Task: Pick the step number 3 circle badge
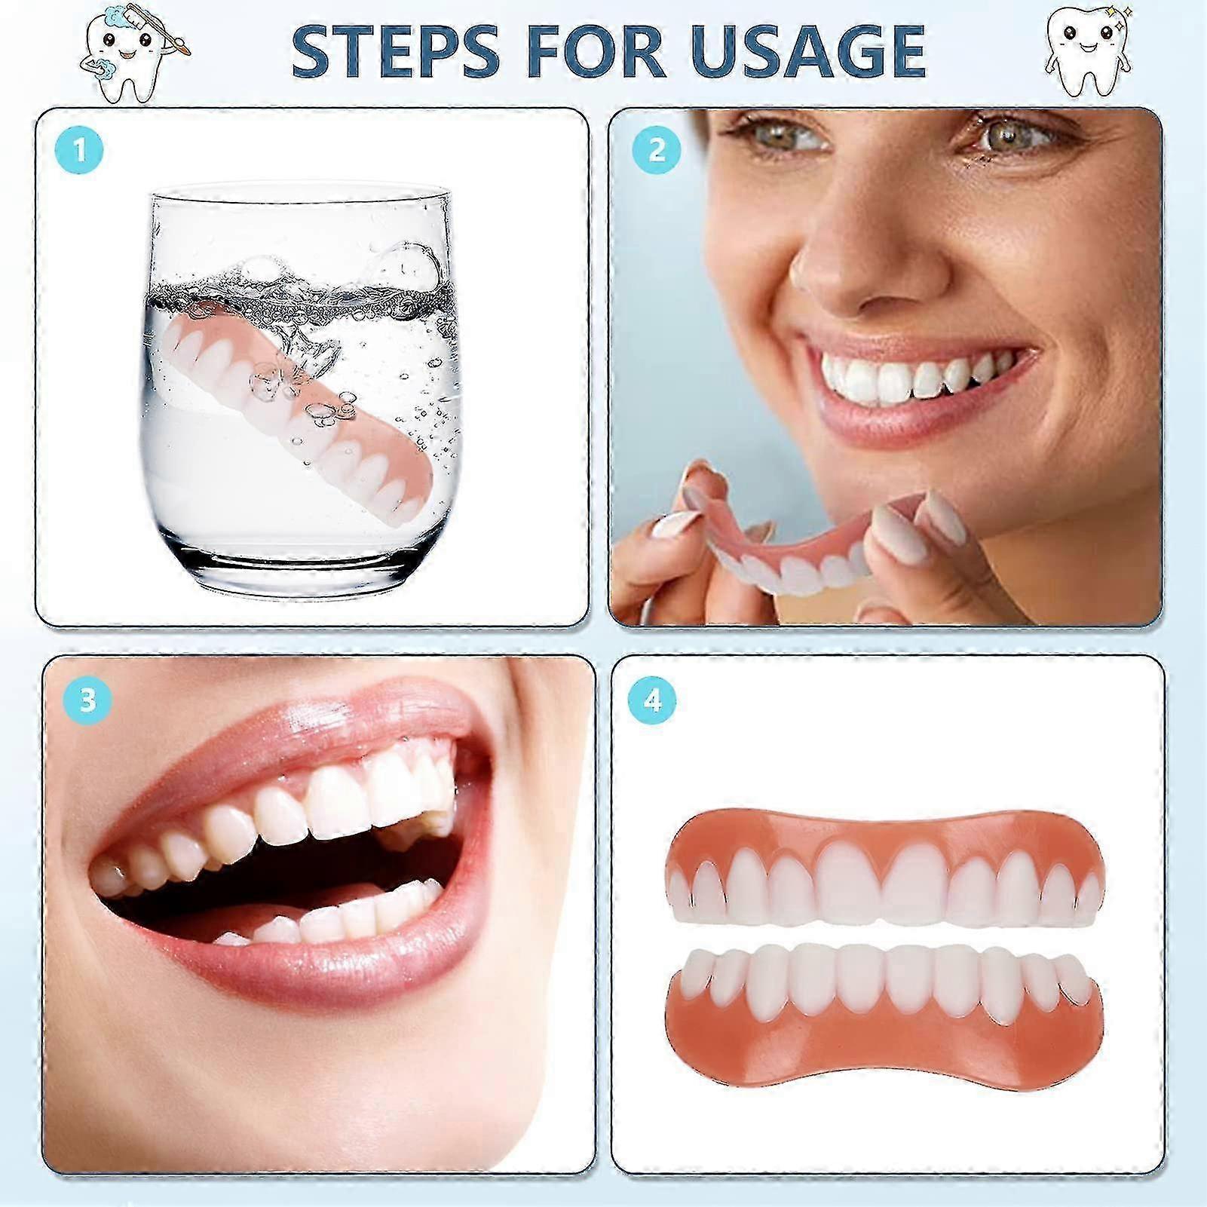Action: [x=88, y=699]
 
